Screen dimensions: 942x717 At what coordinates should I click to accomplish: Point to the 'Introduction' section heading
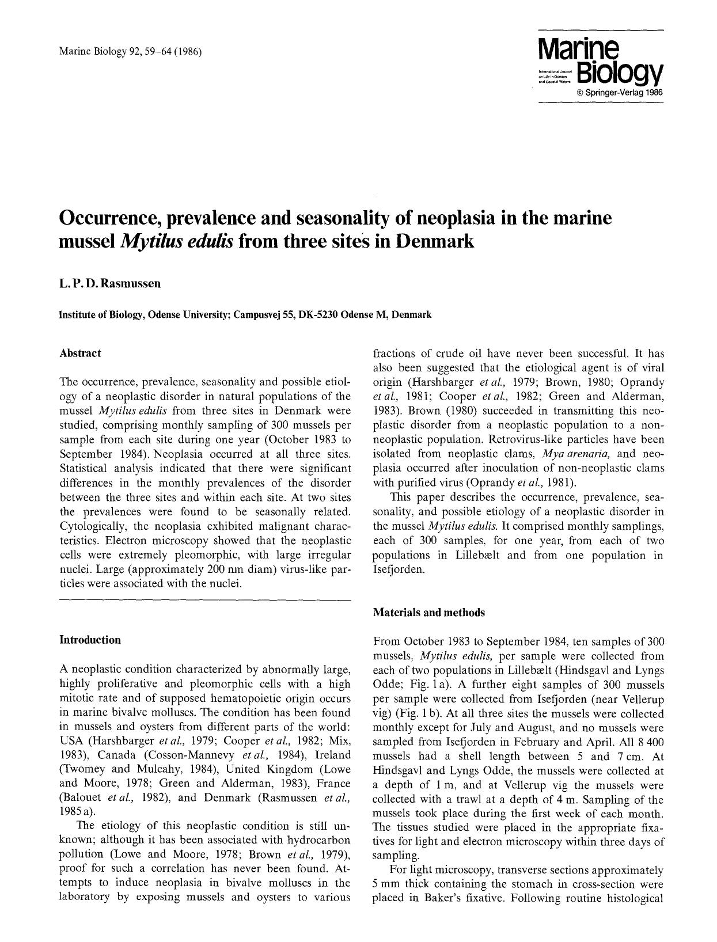90,640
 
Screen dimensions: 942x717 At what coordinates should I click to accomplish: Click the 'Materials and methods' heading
428,612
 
